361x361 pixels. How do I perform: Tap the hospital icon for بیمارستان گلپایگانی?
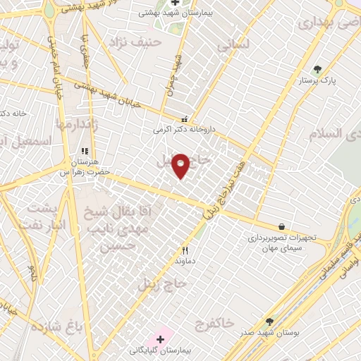tap(161, 339)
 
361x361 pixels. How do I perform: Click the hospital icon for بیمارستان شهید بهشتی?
tap(175, 2)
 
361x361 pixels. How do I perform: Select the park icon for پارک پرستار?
tap(317, 69)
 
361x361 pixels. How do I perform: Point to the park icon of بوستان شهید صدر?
tap(269, 321)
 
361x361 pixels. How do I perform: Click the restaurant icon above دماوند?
tap(185, 250)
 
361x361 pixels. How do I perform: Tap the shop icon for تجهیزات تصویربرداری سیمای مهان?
tap(282, 226)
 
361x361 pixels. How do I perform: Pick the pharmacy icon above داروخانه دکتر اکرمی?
tap(185, 119)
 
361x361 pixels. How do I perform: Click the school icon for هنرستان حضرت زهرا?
tap(85, 151)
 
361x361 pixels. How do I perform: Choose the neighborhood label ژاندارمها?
tap(75, 124)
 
